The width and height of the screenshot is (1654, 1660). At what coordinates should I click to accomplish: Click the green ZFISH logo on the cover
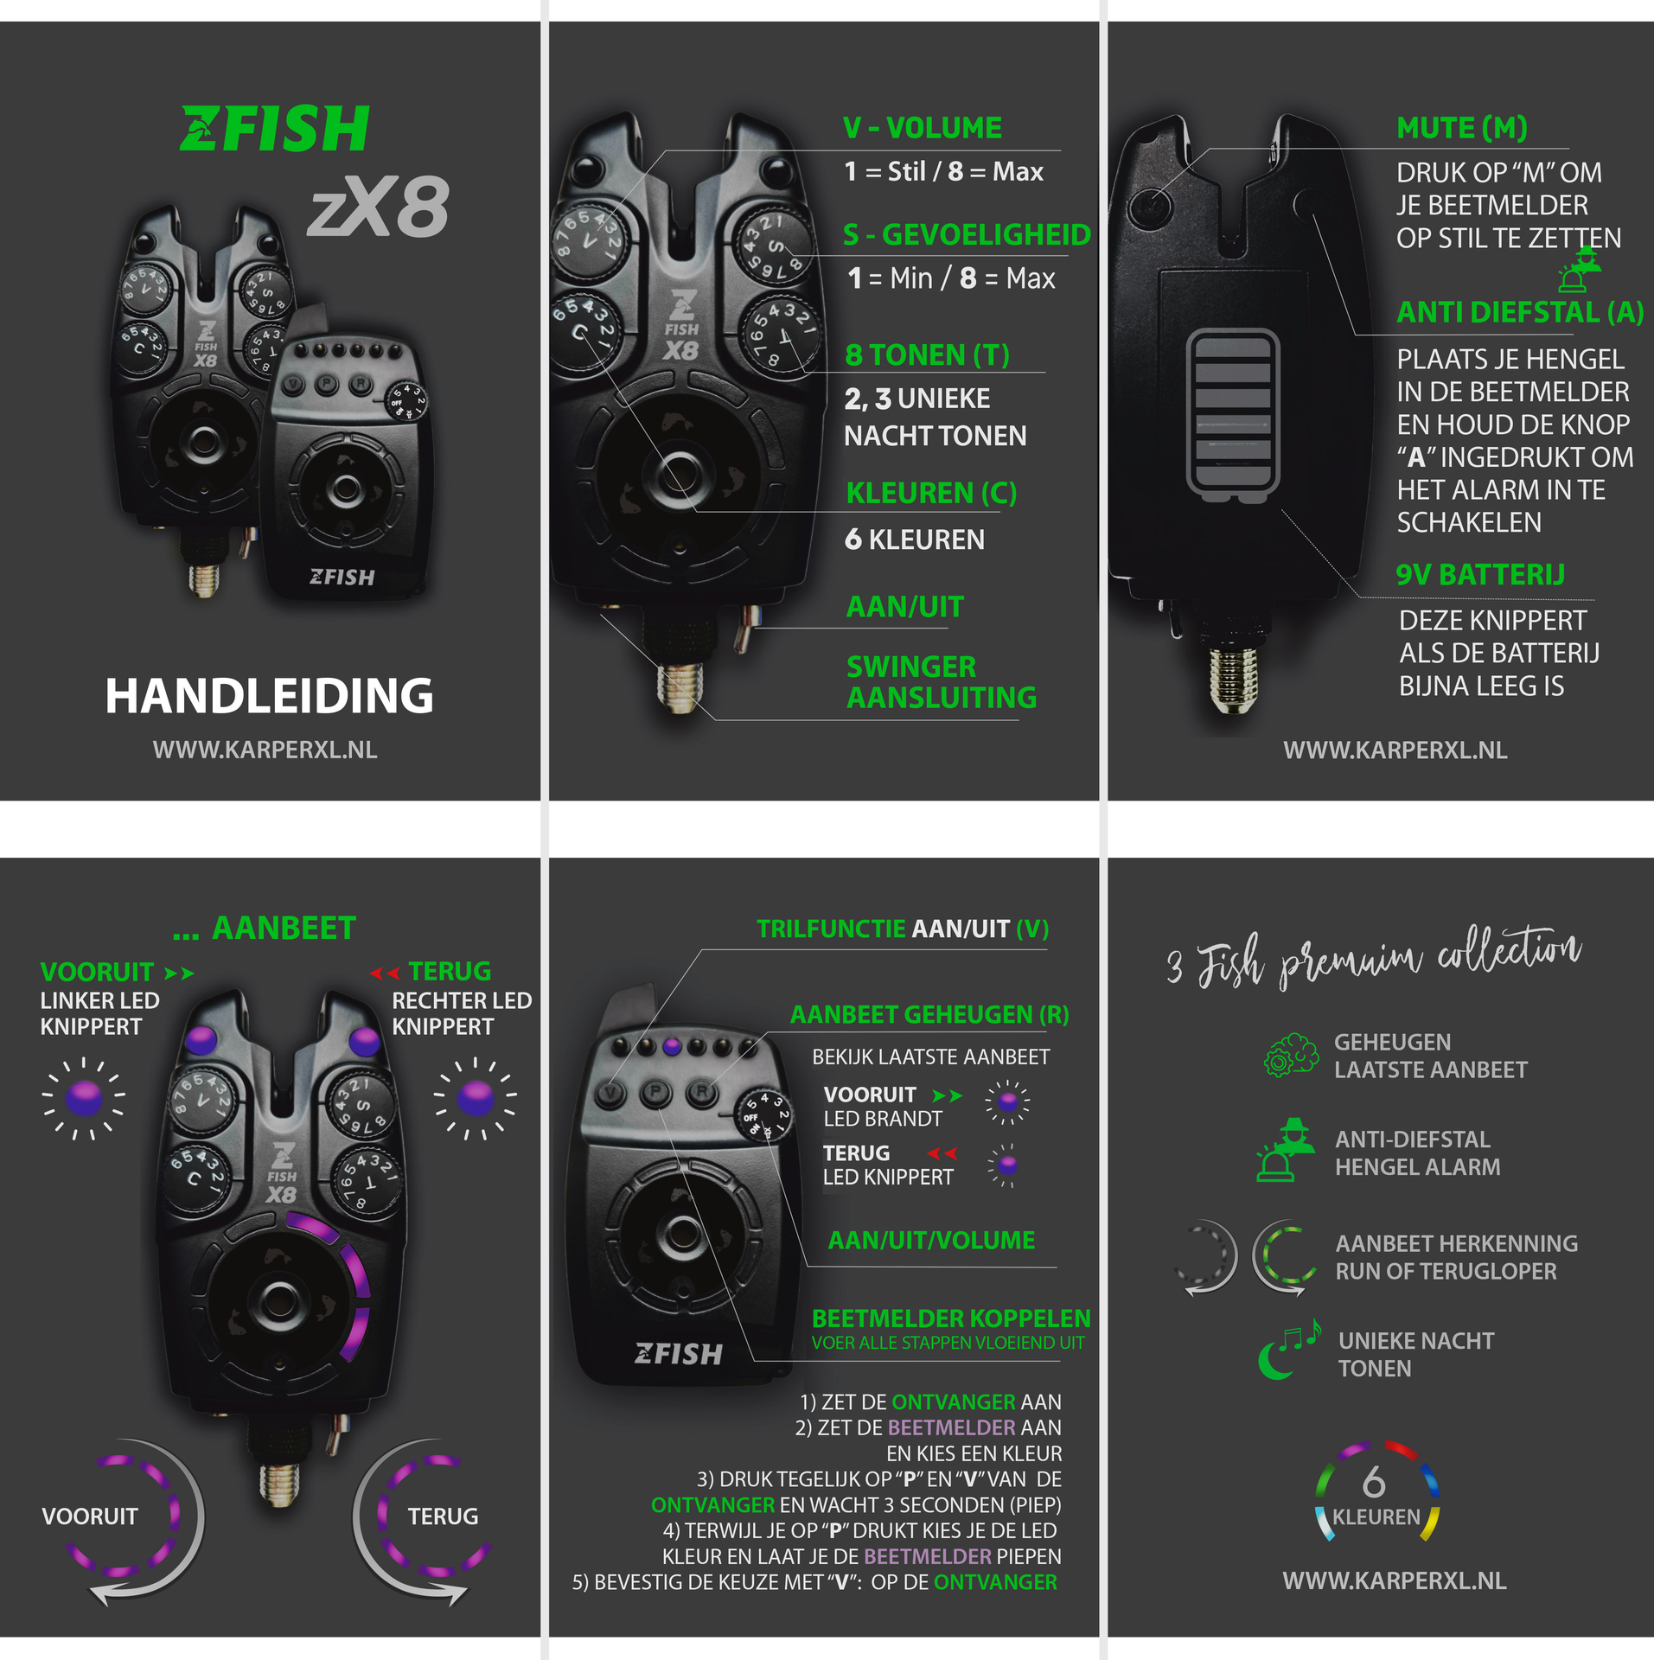pos(275,129)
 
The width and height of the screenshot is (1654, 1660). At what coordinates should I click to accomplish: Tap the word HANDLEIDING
pos(269,696)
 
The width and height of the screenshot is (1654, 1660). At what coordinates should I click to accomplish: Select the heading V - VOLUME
pos(923,128)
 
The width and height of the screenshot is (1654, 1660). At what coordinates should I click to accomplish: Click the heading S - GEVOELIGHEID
pos(967,235)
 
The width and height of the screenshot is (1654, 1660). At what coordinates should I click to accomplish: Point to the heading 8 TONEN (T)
pos(927,354)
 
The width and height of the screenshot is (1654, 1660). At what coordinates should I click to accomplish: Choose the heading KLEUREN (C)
pos(931,493)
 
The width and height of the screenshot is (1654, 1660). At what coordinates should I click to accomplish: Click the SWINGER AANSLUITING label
pos(942,682)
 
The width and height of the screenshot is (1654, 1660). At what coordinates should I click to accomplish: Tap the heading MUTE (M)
pos(1462,128)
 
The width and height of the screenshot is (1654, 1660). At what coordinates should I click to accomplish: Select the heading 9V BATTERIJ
pos(1480,575)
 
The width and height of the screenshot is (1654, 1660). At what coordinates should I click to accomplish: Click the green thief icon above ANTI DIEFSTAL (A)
pos(1580,269)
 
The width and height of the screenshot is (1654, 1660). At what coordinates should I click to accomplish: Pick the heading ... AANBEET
pos(265,929)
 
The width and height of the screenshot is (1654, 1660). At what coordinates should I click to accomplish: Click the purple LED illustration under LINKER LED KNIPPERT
pos(84,1098)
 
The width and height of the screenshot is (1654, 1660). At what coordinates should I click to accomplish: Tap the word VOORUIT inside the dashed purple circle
pos(90,1516)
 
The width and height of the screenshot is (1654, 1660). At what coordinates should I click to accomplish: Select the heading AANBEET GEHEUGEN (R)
pos(929,1015)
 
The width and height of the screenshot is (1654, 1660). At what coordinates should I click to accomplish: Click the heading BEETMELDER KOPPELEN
pos(951,1318)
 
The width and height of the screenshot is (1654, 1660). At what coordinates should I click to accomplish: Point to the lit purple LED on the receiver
pos(672,1047)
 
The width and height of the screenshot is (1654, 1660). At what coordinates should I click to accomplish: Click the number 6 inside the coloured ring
pos(1374,1483)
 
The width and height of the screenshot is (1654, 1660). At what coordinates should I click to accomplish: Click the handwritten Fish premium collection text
pos(1374,958)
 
